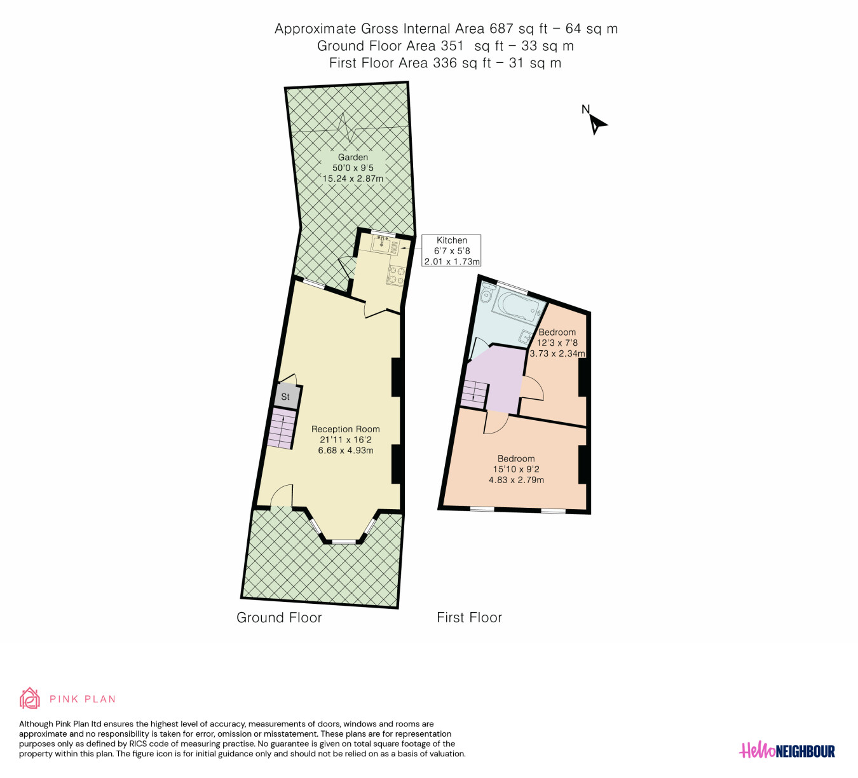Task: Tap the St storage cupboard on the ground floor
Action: coord(286,397)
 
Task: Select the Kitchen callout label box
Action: coord(451,251)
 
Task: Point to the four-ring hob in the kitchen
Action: coord(395,275)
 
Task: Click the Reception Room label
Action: coord(345,429)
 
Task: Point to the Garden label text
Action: coord(353,157)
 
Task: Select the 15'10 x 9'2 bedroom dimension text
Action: coord(516,470)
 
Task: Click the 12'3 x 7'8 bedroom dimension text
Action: coord(557,343)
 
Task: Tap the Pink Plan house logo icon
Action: coord(29,698)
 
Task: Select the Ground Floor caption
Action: coord(279,618)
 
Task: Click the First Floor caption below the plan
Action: coord(469,618)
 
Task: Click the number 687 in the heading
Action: coord(501,29)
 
